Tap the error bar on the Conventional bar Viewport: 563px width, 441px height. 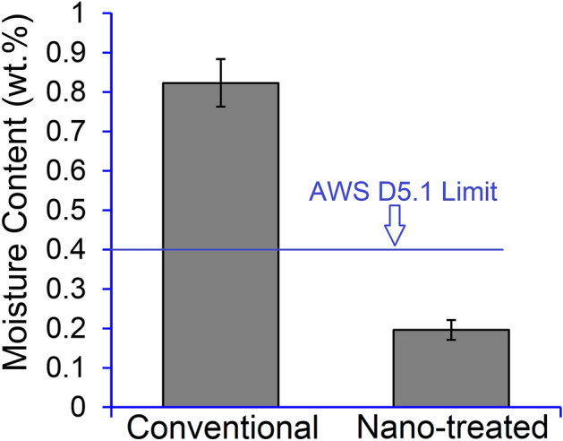pos(220,82)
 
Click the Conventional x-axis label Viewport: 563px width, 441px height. pos(221,424)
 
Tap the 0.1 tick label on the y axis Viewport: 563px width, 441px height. pos(72,368)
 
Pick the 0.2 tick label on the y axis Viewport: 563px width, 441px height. pos(72,329)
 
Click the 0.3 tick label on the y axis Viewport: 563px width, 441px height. pos(72,290)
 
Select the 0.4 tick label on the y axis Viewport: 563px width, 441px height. pos(72,250)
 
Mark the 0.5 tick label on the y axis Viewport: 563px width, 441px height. pos(72,211)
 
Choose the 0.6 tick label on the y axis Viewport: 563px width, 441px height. pos(72,171)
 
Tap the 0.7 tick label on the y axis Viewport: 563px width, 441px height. pos(72,132)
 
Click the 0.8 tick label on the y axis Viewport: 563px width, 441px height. pos(72,92)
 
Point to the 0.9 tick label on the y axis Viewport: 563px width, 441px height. pos(72,53)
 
